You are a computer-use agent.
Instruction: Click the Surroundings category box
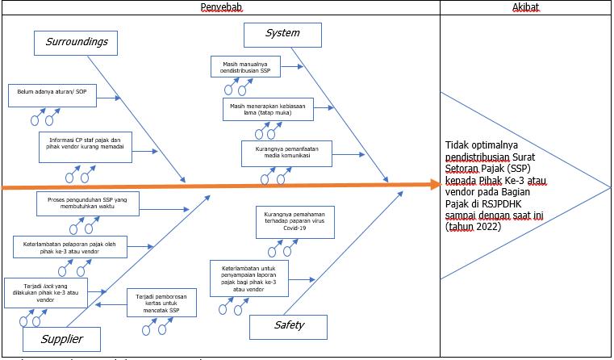click(x=77, y=42)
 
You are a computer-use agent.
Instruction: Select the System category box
click(x=282, y=34)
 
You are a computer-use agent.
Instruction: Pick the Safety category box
click(x=289, y=326)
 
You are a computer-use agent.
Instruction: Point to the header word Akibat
click(x=525, y=6)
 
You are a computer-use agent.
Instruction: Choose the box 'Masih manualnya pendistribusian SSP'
click(x=246, y=66)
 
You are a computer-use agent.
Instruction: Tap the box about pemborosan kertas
click(x=161, y=303)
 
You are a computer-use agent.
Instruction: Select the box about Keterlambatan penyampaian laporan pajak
click(x=249, y=277)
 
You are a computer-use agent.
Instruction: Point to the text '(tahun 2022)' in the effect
click(x=473, y=227)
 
